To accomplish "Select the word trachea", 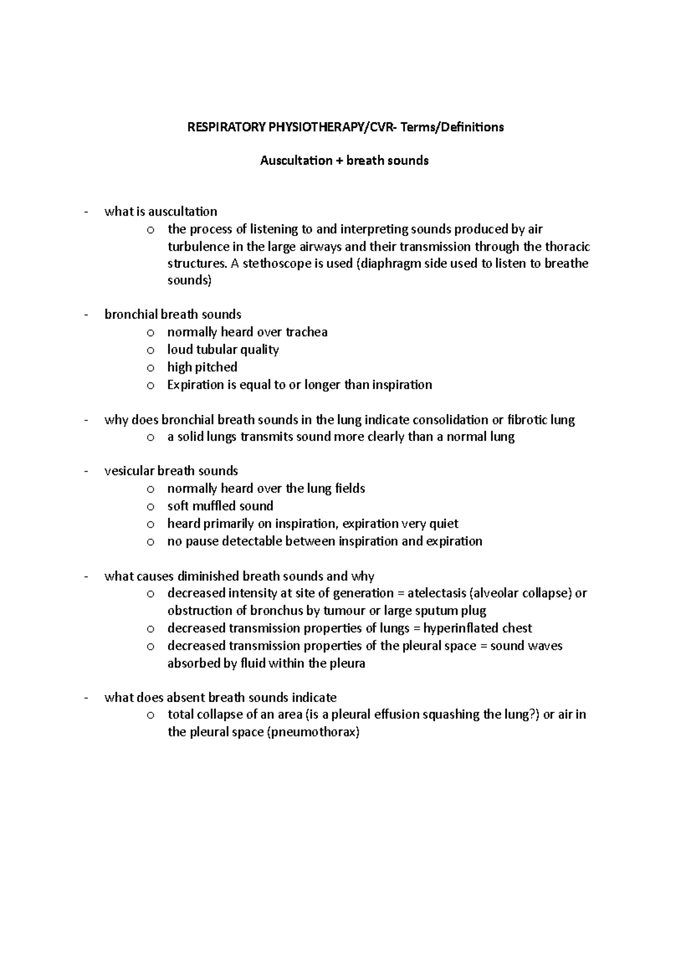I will [x=306, y=332].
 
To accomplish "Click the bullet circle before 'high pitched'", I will [x=150, y=367].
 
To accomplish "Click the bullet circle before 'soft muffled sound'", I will [x=150, y=507].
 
